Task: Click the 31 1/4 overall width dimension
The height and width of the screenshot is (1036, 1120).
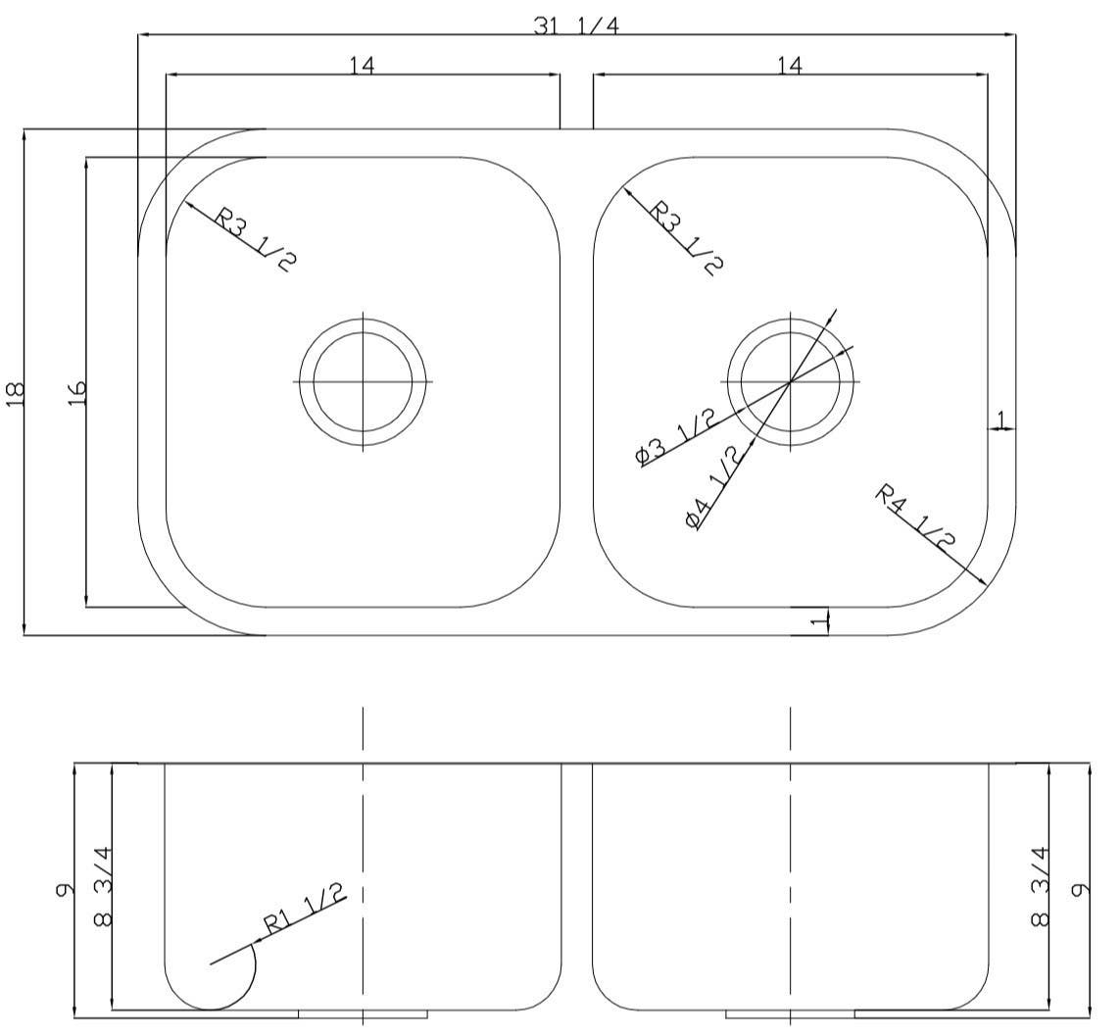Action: coord(576,25)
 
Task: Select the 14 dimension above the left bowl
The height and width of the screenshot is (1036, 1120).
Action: coord(362,65)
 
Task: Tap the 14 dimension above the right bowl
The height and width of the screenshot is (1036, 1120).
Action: coord(790,65)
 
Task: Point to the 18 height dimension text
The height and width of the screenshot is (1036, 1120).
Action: coord(15,393)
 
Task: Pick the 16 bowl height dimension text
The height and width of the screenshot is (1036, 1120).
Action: coord(77,393)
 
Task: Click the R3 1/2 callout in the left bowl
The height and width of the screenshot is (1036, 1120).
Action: coord(253,237)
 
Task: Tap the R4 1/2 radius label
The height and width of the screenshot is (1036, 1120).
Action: coord(916,516)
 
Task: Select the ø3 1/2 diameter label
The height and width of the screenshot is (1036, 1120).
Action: coord(675,436)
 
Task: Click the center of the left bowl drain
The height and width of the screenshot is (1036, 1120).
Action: coord(364,381)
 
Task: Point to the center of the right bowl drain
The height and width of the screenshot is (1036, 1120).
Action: coord(791,381)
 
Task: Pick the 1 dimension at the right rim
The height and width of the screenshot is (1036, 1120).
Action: coord(1000,419)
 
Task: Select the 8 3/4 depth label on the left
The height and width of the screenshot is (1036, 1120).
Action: coord(102,885)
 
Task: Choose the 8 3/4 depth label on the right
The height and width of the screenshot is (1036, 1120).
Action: coord(1041,885)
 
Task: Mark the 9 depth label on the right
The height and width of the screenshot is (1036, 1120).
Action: coord(1081,890)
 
